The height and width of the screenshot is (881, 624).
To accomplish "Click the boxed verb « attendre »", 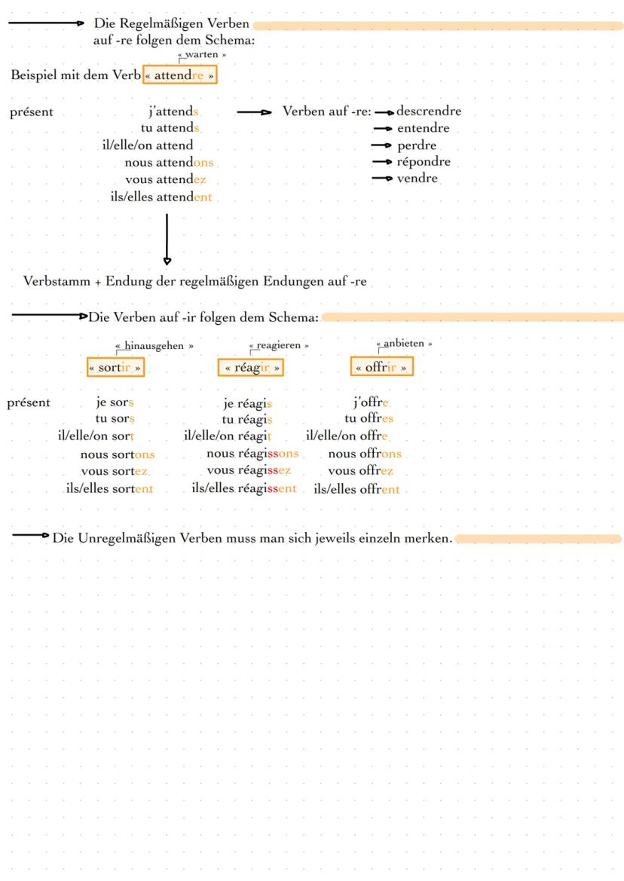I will click(179, 75).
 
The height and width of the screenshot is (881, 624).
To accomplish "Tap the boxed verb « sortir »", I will click(115, 368).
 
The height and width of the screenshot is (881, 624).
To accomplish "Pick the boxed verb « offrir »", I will click(382, 368).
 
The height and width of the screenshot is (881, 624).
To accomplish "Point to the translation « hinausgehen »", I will click(154, 345).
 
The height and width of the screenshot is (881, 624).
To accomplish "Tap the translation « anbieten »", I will click(404, 344).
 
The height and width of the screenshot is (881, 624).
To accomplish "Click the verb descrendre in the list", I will click(429, 112).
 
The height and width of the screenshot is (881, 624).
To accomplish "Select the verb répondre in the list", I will click(424, 161).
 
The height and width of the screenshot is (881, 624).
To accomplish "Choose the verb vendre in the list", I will click(418, 178).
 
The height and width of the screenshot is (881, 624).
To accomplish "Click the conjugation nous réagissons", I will click(252, 454).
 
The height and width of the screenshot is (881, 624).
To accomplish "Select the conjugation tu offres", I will click(369, 419).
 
